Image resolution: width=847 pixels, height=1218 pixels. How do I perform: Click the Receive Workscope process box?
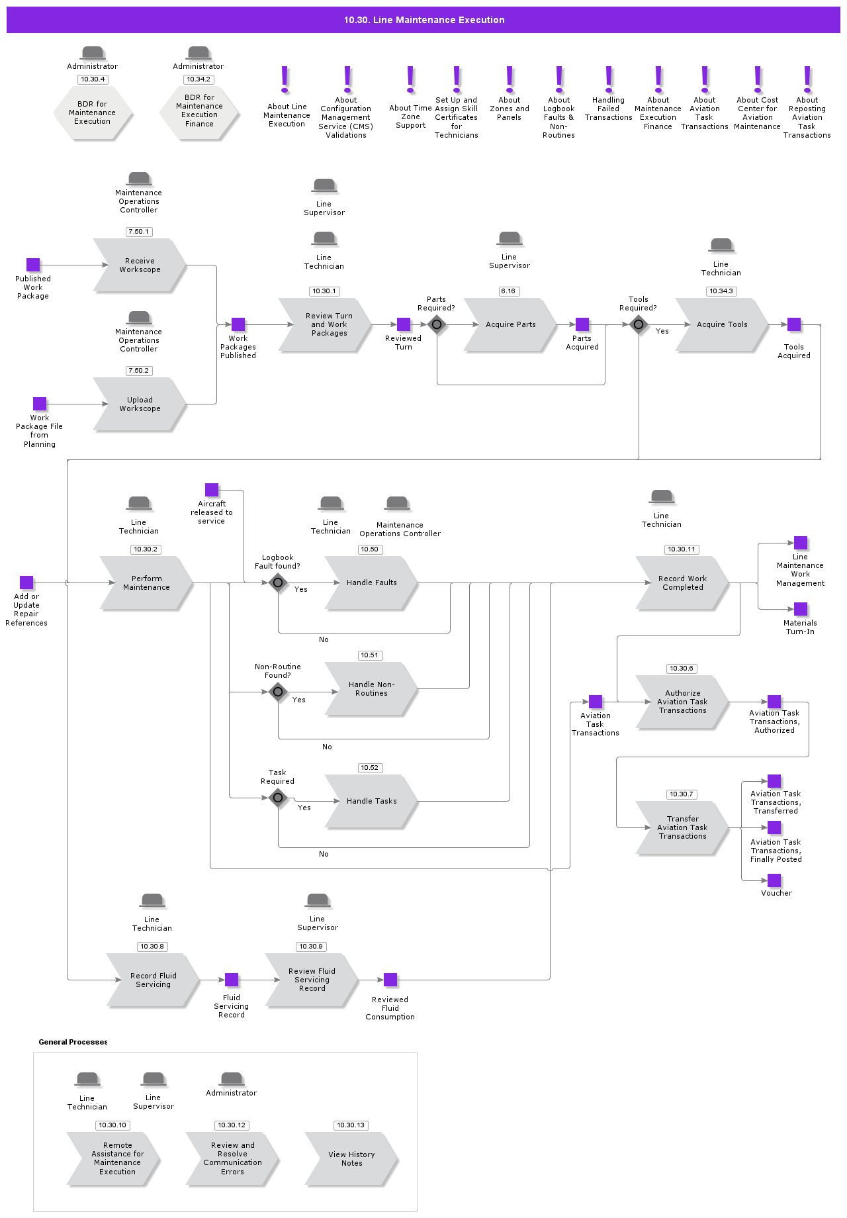pos(140,265)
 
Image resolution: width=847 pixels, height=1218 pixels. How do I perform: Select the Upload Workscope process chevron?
pos(140,404)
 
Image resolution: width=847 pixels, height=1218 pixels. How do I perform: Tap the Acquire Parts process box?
pos(510,325)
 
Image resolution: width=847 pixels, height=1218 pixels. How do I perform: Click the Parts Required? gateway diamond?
pos(437,324)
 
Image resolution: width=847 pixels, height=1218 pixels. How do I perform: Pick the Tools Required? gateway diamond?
pos(639,324)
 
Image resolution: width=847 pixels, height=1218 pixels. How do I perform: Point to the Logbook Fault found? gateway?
pos(278,583)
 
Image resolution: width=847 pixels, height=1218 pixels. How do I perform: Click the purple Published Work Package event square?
pos(33,265)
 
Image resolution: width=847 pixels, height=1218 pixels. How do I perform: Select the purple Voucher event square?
pos(774,880)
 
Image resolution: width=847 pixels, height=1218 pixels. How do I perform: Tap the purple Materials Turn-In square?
pos(801,609)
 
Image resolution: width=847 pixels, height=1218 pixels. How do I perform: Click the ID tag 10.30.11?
pos(682,549)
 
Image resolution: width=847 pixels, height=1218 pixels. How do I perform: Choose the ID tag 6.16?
pos(508,291)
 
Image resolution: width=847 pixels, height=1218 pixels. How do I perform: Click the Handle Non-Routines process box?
pos(371,689)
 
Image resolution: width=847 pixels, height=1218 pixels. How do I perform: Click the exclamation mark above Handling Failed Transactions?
pos(609,79)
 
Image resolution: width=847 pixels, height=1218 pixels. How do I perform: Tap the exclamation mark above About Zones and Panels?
pos(510,79)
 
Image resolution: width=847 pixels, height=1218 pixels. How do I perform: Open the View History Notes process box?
pos(351,1159)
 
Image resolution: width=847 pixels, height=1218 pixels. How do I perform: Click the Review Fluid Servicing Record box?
pos(312,980)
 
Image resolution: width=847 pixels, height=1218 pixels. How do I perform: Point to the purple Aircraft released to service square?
pos(212,490)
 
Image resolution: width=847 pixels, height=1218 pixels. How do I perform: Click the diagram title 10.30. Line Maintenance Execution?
pos(424,20)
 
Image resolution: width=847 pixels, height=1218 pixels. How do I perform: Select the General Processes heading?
pos(73,1042)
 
